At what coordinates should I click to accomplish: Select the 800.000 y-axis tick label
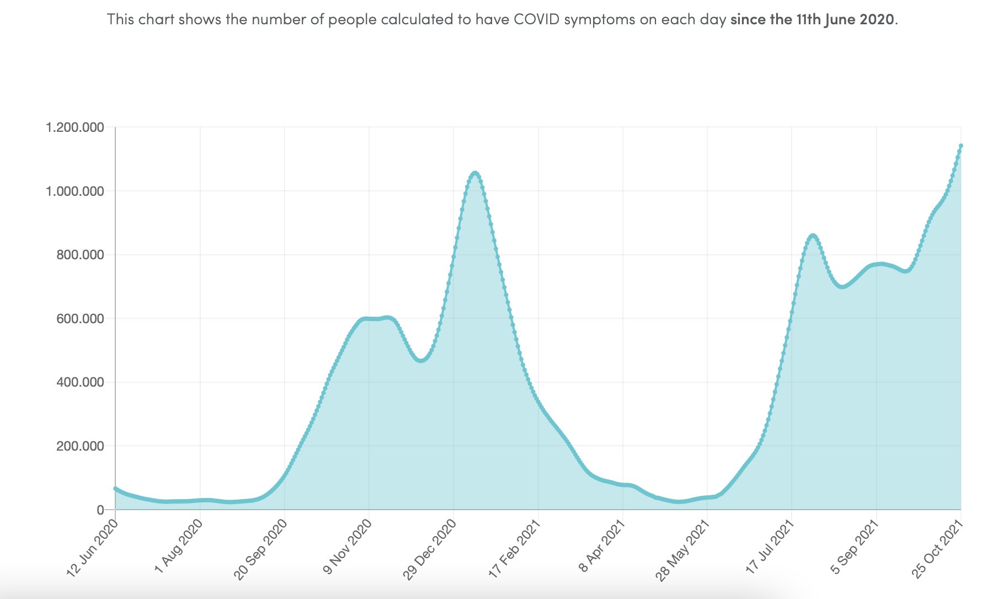click(79, 255)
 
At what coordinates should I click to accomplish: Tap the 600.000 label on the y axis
click(79, 319)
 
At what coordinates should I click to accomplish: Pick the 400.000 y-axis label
click(79, 382)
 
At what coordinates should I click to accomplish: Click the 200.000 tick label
click(79, 446)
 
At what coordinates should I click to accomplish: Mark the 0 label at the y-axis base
click(100, 510)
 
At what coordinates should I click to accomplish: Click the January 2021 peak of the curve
click(475, 173)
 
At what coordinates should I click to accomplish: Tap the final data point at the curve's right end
click(961, 146)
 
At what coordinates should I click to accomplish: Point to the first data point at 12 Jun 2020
click(115, 489)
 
